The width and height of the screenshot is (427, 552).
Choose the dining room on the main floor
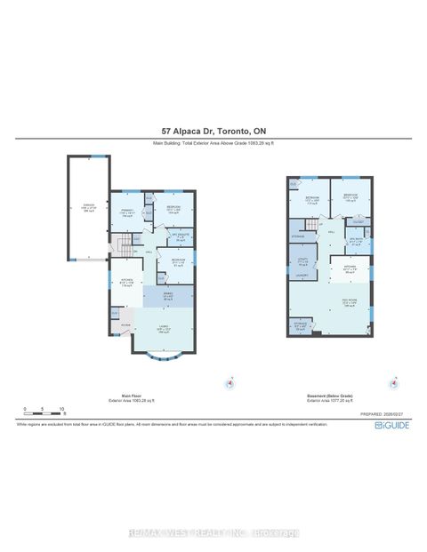[167, 297]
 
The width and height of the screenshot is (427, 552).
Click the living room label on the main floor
[165, 329]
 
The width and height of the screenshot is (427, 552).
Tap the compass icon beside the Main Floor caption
[230, 384]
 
